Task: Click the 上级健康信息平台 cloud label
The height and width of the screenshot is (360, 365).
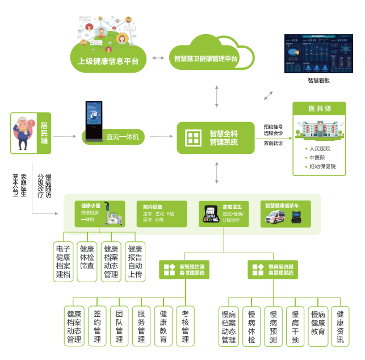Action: [108, 60]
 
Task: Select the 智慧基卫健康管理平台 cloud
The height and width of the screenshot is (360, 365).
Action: [205, 58]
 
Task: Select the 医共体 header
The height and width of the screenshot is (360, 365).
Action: [320, 108]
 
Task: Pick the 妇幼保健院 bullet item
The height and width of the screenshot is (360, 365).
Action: [322, 166]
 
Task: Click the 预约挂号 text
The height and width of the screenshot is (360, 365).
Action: [273, 127]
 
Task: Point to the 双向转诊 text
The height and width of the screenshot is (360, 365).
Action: [273, 144]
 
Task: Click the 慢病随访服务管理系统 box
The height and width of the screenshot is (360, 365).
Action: [272, 269]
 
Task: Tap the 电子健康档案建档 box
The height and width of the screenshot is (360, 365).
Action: [63, 262]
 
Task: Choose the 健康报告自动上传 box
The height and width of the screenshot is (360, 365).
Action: [135, 262]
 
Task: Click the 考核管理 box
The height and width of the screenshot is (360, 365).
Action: [186, 326]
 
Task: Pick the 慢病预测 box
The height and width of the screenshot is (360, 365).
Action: [273, 326]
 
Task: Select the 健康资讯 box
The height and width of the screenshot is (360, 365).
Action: [340, 326]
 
